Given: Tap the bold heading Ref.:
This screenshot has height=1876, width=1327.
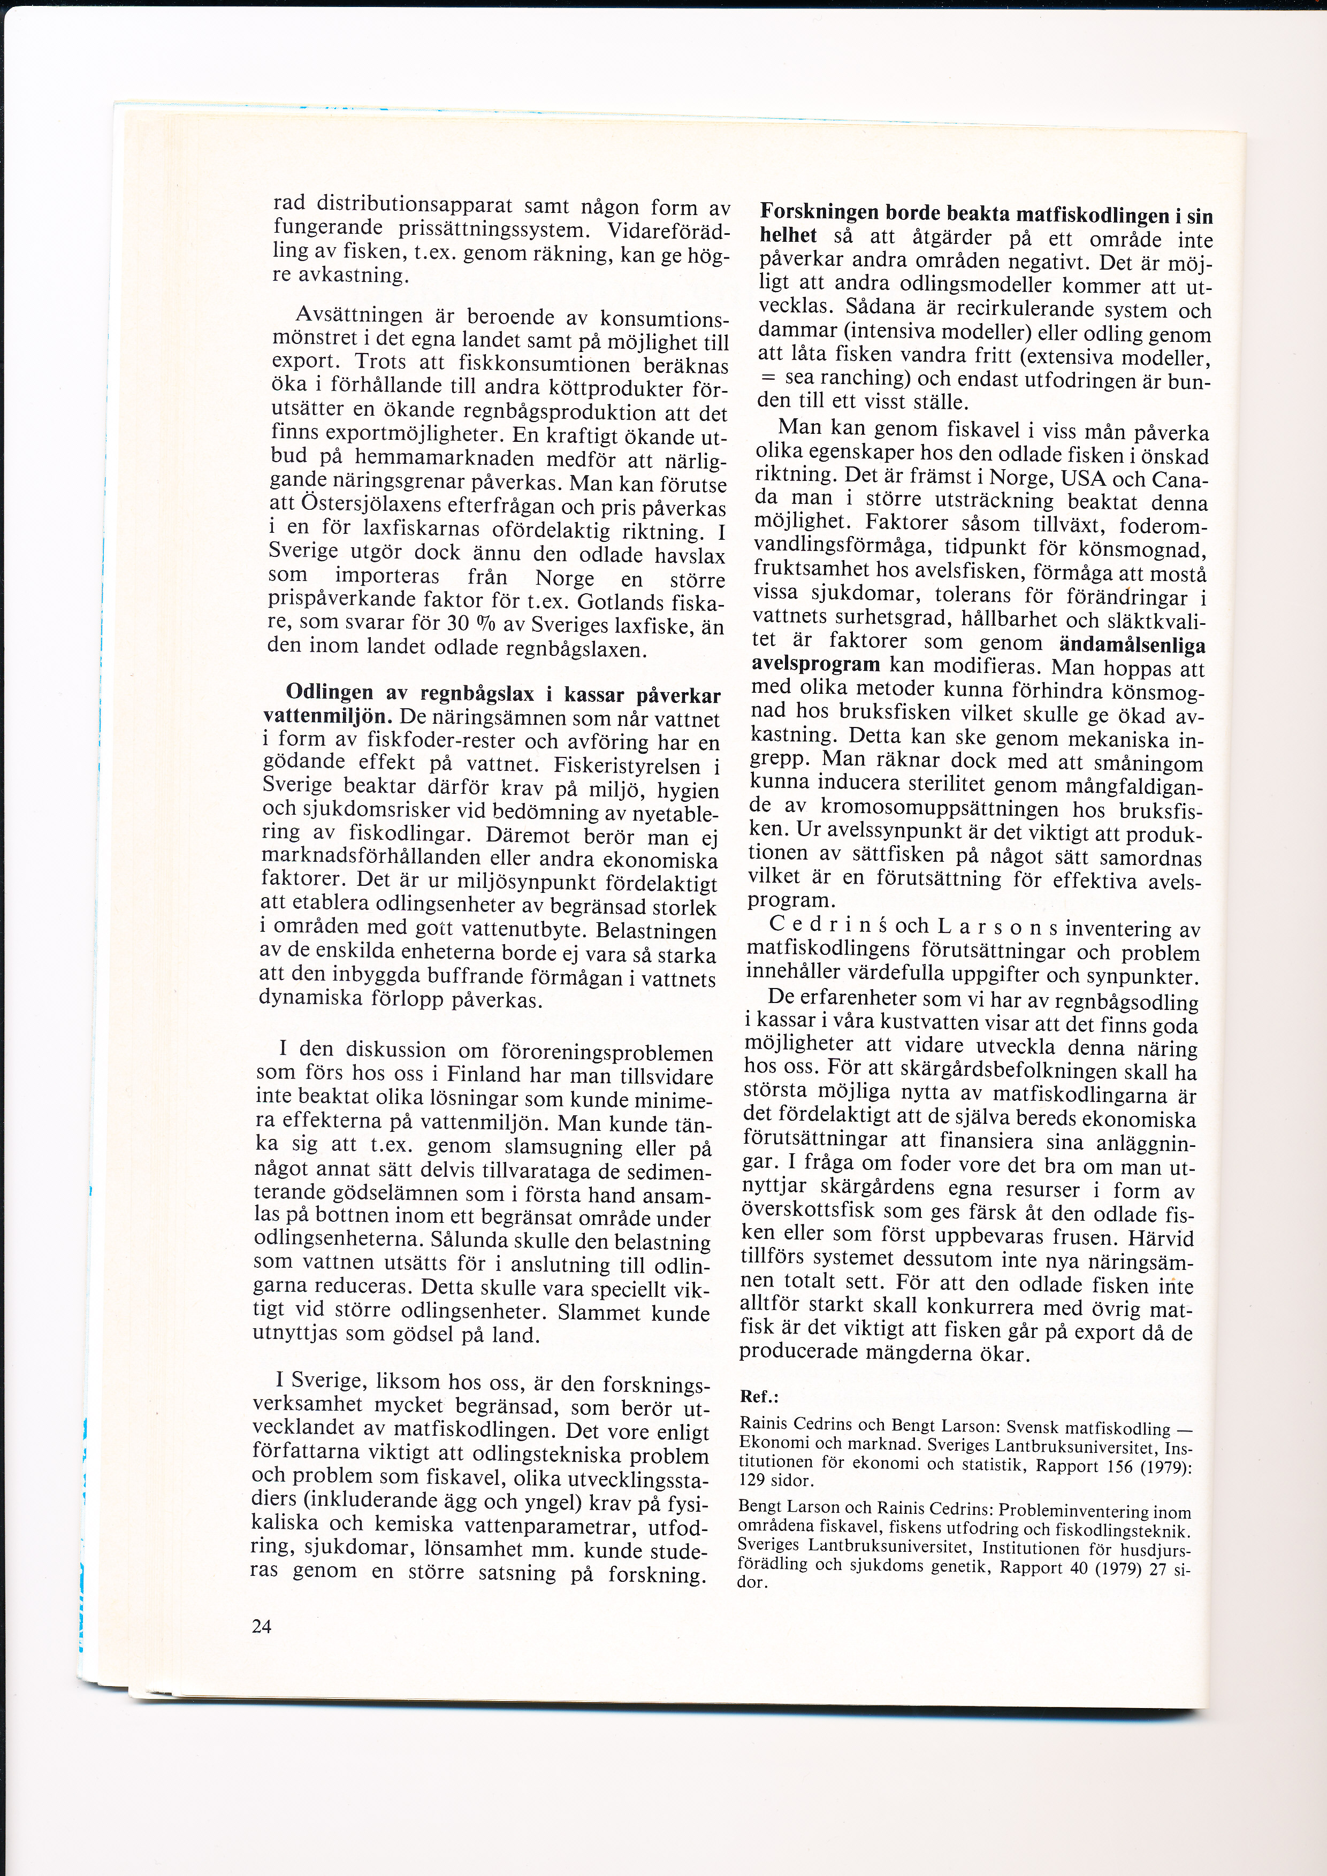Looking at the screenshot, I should [x=759, y=1396].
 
